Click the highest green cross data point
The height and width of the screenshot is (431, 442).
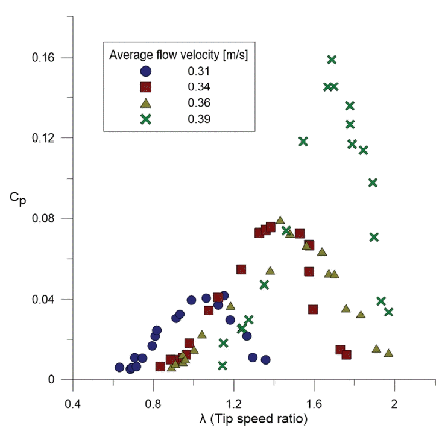pos(332,60)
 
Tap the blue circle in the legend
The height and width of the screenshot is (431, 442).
pos(145,71)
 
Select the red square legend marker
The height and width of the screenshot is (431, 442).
pos(145,87)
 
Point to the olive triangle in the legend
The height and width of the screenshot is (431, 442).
pos(145,102)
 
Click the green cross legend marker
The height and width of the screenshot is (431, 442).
pos(145,119)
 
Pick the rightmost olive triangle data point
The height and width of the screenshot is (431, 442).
pos(388,353)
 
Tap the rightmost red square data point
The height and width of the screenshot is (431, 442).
pos(347,354)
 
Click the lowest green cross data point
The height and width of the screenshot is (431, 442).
pos(223,365)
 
